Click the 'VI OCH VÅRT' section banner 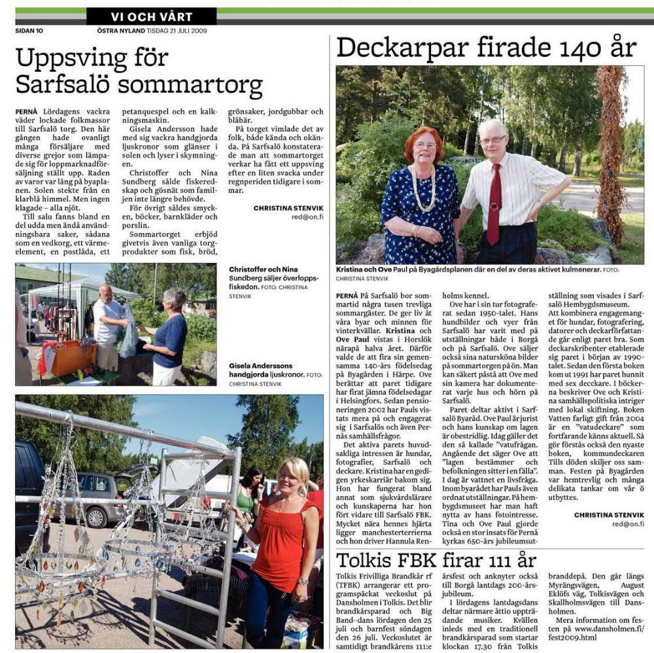click(151, 16)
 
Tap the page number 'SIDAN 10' click(29, 30)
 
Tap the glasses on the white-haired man click(492, 139)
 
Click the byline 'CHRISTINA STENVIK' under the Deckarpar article click(608, 515)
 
